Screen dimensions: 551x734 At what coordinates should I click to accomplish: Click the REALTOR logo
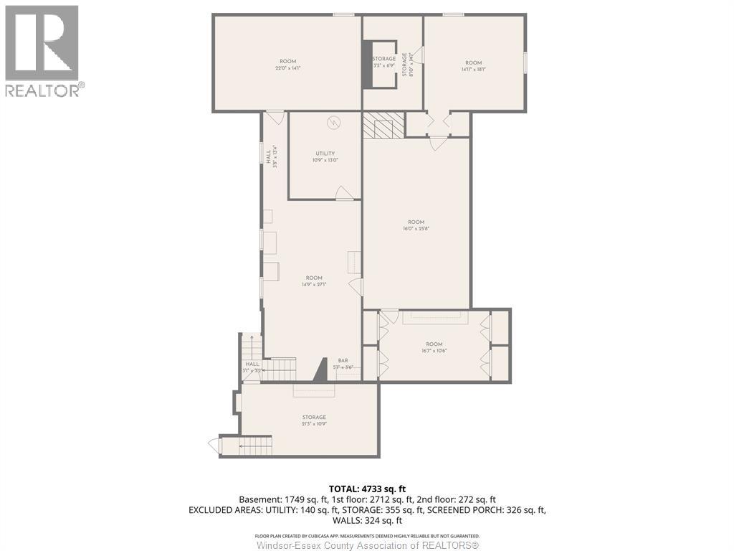tap(43, 50)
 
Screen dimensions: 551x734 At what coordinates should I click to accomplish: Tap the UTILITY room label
tap(325, 154)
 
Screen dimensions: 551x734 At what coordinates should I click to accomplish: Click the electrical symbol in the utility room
tap(333, 123)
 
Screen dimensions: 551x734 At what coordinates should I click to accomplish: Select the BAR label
tap(343, 361)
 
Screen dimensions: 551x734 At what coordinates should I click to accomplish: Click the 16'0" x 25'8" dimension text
tap(416, 228)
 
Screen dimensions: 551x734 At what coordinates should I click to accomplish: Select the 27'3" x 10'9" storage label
tap(314, 424)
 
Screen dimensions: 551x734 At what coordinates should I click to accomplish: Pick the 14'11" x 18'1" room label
tap(474, 70)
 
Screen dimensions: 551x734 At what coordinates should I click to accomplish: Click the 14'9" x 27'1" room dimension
tap(314, 284)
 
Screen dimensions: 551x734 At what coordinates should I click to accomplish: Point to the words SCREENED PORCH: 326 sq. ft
tap(485, 510)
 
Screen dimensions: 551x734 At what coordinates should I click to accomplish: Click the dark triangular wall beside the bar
tap(321, 370)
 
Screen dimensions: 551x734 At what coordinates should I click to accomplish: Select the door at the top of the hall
tap(275, 116)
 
